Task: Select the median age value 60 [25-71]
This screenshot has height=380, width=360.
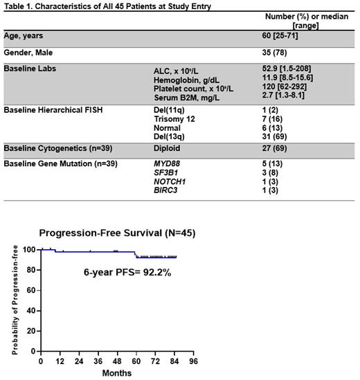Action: coord(273,35)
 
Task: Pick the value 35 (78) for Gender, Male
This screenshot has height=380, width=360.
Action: coord(269,52)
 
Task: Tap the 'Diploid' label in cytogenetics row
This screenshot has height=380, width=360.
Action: coord(168,150)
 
